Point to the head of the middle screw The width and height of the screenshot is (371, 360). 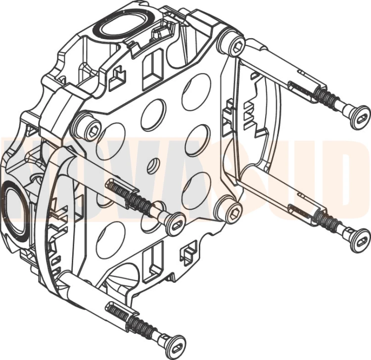coord(175,224)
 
